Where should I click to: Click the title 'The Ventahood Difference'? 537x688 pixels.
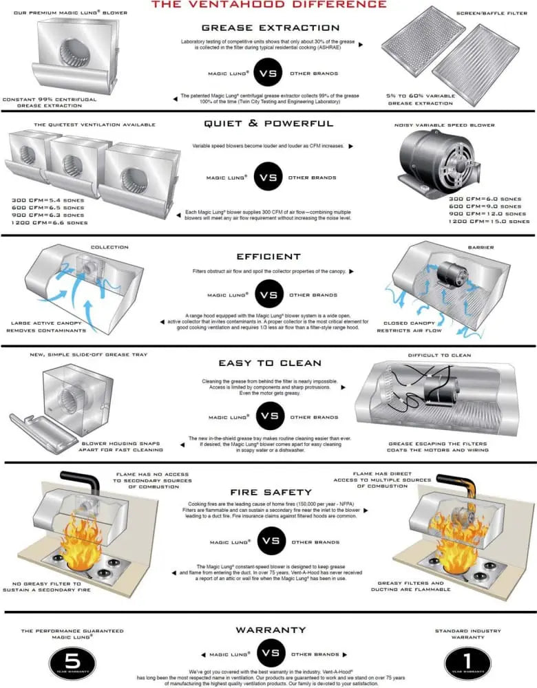click(269, 5)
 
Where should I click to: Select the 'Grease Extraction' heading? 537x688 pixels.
click(270, 28)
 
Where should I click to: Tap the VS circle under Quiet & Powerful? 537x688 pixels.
click(269, 177)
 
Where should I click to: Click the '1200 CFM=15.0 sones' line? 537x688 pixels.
click(488, 222)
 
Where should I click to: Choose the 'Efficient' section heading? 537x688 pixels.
click(269, 256)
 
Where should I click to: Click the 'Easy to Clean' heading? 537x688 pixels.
click(269, 363)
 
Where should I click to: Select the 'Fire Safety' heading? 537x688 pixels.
click(269, 493)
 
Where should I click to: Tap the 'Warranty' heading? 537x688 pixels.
click(269, 630)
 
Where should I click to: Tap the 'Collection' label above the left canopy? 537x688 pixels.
click(109, 248)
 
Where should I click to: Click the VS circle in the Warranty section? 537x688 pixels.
click(269, 654)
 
